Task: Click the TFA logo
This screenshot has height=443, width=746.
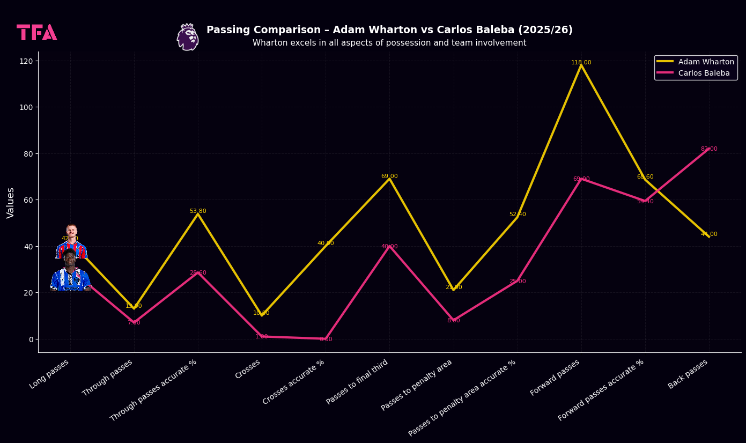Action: tap(37, 33)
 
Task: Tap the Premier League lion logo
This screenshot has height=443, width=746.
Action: tap(188, 37)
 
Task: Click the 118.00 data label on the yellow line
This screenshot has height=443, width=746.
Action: tap(581, 63)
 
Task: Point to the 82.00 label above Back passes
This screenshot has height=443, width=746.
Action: tap(709, 149)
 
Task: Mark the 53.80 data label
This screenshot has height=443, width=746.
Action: tap(198, 211)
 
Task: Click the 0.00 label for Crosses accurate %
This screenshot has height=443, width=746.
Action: tap(326, 339)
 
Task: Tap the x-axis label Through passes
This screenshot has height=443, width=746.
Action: tap(108, 378)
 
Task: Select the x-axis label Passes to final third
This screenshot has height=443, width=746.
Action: tap(357, 382)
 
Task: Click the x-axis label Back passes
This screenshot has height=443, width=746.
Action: tap(688, 374)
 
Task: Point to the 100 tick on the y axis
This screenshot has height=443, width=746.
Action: tap(26, 107)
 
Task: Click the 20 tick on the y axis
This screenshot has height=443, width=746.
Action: tap(28, 293)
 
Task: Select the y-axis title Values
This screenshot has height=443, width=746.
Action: tap(11, 203)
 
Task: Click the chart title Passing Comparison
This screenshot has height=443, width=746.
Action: tap(389, 30)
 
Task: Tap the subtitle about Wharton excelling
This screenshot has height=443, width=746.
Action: tap(389, 43)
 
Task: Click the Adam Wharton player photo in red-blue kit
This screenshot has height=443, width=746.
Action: tap(71, 242)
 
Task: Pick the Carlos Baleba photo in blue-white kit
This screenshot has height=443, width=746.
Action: tap(70, 272)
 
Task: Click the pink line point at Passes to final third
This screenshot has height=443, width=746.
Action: tap(389, 246)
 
